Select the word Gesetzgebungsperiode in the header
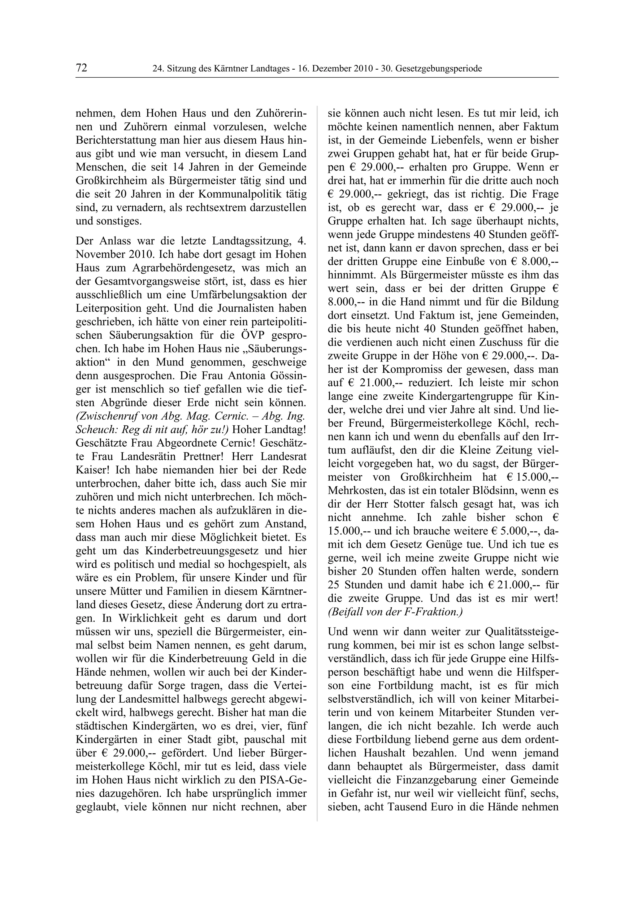(439, 69)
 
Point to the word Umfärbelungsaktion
(224, 295)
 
